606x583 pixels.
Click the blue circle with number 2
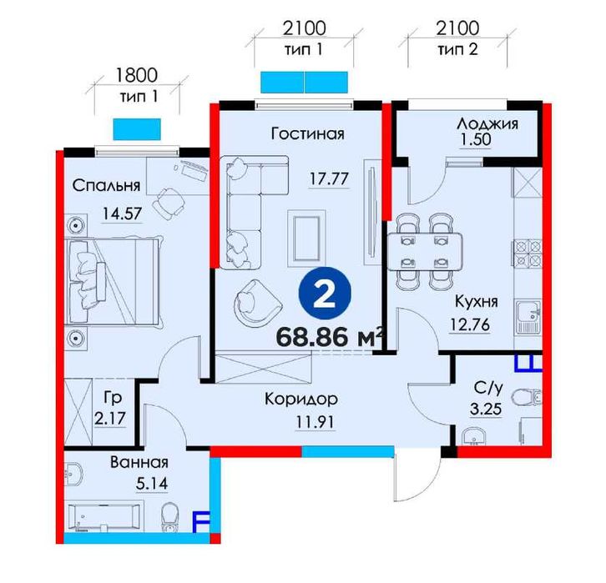pos(325,293)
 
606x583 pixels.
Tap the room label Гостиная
pos(308,134)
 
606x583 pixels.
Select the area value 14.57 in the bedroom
pos(122,214)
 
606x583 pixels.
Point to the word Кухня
pos(477,301)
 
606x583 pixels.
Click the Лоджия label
pos(487,123)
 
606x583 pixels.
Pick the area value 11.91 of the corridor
pos(315,421)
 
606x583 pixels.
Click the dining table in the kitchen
pos(425,251)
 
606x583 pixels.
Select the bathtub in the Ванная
pos(104,516)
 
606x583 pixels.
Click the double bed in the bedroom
pos(114,281)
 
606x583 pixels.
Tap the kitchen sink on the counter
pos(528,317)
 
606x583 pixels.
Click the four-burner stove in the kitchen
pos(528,253)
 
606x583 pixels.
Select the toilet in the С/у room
pos(528,397)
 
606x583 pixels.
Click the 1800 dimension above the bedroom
pos(137,75)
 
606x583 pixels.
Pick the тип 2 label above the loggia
pos(457,49)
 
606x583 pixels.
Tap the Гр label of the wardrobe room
pos(113,398)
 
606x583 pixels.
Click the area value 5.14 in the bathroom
pos(152,483)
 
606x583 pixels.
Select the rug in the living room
pos(306,239)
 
